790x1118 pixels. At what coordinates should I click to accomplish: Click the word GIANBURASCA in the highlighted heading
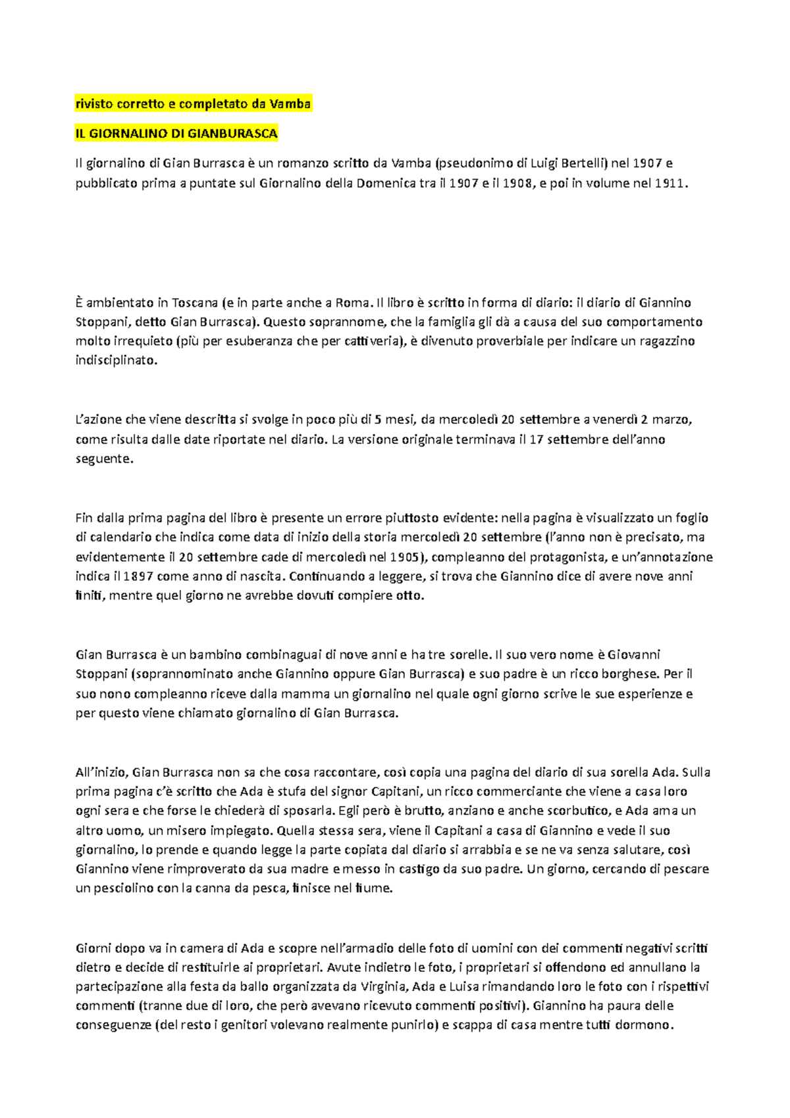(x=232, y=134)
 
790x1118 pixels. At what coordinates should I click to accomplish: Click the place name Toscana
(x=195, y=303)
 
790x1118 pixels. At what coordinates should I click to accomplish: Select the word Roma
(x=352, y=303)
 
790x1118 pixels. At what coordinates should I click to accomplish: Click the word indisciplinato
(x=116, y=360)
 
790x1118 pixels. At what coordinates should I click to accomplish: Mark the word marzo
(x=671, y=419)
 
